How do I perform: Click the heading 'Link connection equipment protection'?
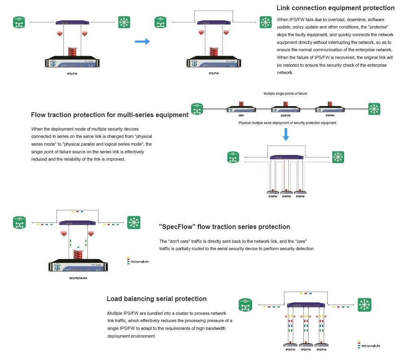click(x=335, y=8)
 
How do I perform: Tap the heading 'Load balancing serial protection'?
click(x=156, y=299)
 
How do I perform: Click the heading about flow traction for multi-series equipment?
click(x=109, y=115)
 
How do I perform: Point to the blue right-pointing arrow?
click(x=142, y=41)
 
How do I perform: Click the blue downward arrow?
click(x=286, y=135)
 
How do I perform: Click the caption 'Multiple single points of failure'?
click(x=285, y=94)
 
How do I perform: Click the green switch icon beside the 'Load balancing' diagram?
click(x=364, y=305)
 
